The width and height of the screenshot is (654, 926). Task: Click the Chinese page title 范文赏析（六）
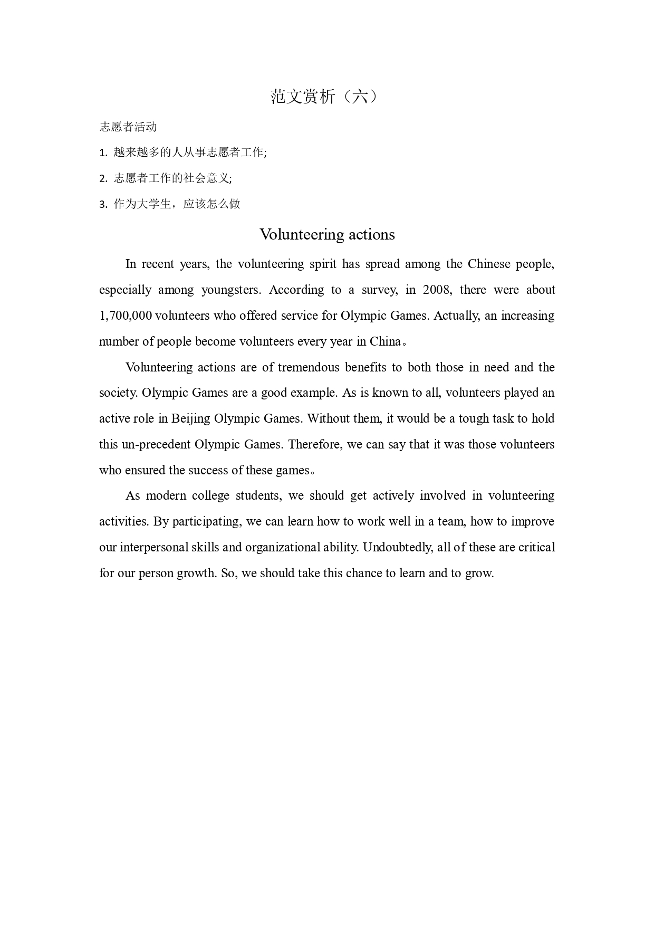324,97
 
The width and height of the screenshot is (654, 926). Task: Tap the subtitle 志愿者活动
128,127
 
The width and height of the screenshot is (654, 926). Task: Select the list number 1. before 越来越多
103,153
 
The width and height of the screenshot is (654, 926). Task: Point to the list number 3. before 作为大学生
103,205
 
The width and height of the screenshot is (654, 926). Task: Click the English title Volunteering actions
327,234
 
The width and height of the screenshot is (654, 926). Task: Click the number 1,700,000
126,316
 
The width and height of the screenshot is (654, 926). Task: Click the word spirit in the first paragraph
323,264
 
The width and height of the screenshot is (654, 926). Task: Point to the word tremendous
309,367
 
